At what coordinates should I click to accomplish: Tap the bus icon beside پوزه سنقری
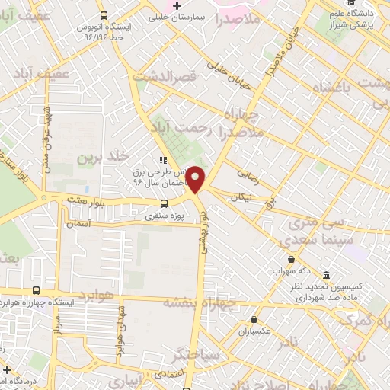tap(164, 203)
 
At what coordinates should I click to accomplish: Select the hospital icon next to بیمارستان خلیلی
tap(176, 5)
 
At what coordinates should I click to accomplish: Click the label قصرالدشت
tap(165, 76)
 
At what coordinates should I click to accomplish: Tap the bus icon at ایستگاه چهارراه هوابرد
tap(37, 290)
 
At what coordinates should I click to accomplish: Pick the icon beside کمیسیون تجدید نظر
tap(326, 274)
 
